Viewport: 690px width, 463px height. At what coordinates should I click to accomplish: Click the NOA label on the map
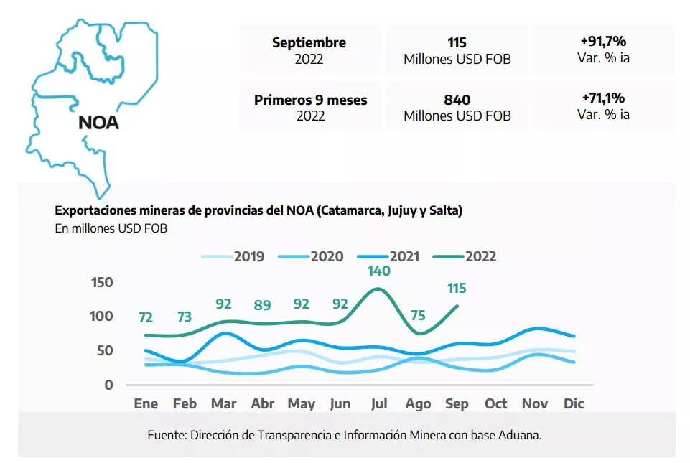point(98,122)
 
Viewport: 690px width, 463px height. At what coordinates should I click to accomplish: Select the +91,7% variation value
point(603,42)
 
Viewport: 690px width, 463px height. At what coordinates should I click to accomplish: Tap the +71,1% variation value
point(603,98)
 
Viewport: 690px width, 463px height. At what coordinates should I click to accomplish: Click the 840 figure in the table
point(457,100)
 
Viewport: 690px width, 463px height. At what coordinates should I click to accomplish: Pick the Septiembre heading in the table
point(309,42)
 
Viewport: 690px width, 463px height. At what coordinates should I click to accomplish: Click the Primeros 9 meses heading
point(310,100)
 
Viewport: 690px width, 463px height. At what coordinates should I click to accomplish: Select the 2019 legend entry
point(248,256)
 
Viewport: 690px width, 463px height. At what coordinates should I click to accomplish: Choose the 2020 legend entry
point(327,256)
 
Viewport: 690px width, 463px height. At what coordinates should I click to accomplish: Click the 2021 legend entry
point(404,256)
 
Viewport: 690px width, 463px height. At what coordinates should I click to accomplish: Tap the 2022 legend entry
point(480,256)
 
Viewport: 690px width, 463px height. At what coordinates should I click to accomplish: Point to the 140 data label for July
point(378,271)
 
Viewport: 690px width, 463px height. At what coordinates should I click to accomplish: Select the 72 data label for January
point(146,317)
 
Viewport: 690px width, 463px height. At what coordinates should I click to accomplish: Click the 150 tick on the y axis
point(103,282)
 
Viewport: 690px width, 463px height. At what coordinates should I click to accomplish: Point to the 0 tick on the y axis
point(108,385)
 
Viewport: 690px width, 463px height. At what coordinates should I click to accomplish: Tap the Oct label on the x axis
point(495,404)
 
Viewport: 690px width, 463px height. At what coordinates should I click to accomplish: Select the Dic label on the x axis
point(573,404)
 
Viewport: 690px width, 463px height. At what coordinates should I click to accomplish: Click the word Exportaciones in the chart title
point(95,211)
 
